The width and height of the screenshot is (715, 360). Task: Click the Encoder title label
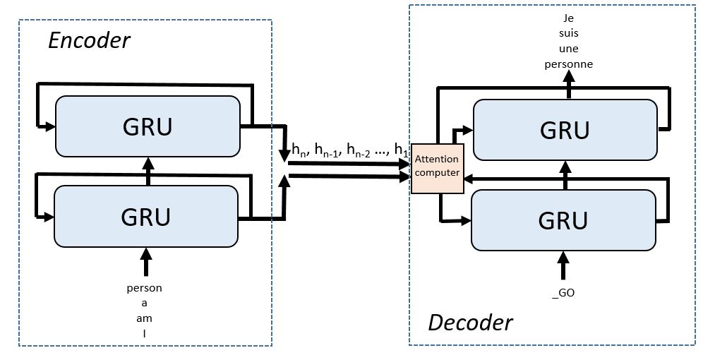(x=89, y=40)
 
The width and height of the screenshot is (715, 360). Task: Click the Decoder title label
(x=470, y=323)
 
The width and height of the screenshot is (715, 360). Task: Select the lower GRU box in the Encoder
(x=146, y=216)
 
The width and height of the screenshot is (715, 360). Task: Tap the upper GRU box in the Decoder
(x=565, y=130)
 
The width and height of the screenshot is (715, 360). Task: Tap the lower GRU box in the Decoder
(x=563, y=220)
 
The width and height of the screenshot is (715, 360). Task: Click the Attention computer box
(x=436, y=166)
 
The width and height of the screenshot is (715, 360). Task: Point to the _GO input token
(x=563, y=292)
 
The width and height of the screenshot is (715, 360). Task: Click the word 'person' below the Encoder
(x=145, y=288)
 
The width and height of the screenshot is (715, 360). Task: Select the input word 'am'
(x=145, y=318)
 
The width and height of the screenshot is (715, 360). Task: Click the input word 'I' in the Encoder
(x=145, y=333)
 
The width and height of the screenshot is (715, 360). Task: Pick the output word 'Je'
(x=568, y=19)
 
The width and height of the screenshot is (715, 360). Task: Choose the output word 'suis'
(x=568, y=34)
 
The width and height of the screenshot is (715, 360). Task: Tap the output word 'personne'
(x=568, y=64)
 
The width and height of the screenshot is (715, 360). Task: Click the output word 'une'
(x=568, y=49)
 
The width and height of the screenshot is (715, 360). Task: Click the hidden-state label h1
(x=401, y=150)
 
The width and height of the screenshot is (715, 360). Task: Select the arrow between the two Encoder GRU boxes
(x=148, y=171)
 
